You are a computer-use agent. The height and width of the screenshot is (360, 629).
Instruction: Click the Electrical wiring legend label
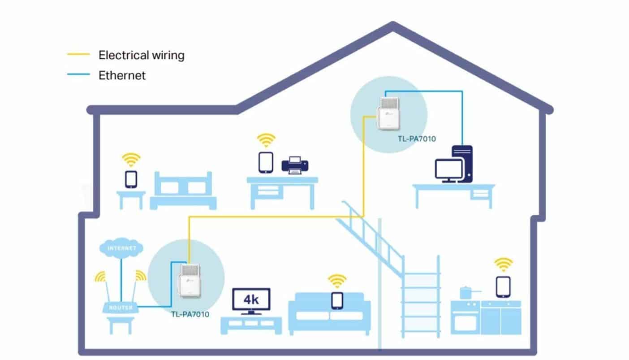[x=141, y=55]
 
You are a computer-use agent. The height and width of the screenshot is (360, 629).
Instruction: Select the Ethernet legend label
[x=122, y=75]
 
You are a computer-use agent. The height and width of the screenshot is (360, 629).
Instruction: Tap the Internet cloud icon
[x=122, y=247]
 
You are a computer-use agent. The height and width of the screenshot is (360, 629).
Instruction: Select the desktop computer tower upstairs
[x=462, y=163]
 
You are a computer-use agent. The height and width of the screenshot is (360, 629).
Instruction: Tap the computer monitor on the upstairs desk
[x=448, y=170]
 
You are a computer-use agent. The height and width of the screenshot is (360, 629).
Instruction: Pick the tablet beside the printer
[x=266, y=162]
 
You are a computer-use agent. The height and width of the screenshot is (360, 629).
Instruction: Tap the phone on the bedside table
[x=131, y=179]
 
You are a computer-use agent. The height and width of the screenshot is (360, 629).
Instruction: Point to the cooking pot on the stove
[x=468, y=293]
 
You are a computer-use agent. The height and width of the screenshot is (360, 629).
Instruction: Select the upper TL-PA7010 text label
[x=417, y=139]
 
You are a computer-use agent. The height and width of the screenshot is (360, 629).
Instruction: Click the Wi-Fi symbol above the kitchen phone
[x=503, y=264]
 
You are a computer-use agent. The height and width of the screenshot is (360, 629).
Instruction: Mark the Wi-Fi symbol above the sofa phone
[x=337, y=281]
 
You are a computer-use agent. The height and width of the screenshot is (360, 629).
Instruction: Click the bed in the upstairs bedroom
[x=183, y=191]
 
